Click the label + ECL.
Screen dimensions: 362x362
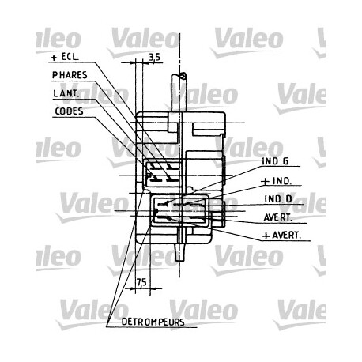tap(65, 57)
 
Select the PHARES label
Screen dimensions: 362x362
tap(70, 75)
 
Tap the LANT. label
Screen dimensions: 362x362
tap(66, 93)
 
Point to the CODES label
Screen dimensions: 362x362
tap(69, 111)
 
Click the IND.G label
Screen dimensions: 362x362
tap(275, 161)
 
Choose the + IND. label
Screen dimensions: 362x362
tap(277, 181)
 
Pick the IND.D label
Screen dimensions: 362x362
tap(278, 199)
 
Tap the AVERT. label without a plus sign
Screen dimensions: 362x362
tap(278, 217)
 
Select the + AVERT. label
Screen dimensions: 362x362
tap(281, 236)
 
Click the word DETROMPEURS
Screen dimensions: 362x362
tap(153, 322)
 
